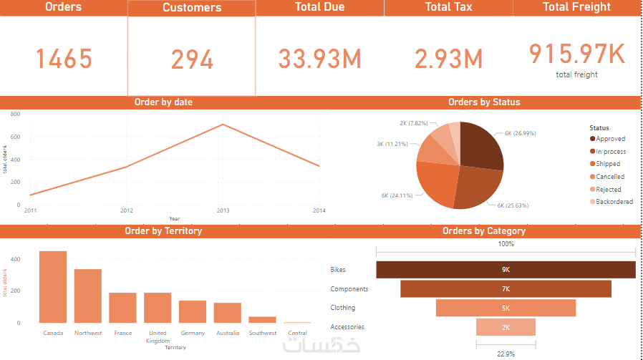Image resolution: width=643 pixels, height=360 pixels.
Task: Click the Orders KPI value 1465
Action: (x=64, y=59)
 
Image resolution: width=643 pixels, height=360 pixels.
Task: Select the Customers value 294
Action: (x=192, y=59)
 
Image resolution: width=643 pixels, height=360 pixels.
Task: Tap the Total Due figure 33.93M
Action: (x=319, y=59)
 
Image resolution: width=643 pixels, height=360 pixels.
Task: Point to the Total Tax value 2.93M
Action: (x=448, y=59)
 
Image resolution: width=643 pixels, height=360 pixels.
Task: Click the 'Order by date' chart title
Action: (x=163, y=102)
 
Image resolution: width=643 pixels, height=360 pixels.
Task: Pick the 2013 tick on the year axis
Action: (x=223, y=210)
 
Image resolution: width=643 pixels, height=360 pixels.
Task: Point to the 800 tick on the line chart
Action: (x=15, y=114)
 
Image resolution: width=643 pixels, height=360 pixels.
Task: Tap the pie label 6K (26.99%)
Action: (x=521, y=133)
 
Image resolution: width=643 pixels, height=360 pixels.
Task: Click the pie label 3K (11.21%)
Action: (x=392, y=144)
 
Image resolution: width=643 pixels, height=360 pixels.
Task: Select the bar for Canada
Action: (x=53, y=287)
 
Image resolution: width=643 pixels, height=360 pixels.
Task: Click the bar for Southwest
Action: (x=262, y=319)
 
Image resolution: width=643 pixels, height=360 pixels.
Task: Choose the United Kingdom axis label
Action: (x=158, y=336)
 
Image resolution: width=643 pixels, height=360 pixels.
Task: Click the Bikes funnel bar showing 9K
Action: (x=506, y=270)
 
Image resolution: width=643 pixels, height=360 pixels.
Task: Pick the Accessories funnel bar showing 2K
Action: (x=506, y=327)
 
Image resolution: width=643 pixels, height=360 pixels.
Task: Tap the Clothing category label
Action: (x=343, y=308)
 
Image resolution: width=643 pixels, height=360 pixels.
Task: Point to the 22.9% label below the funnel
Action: (x=506, y=353)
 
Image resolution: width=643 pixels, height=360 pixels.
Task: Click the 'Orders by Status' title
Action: (x=484, y=102)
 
